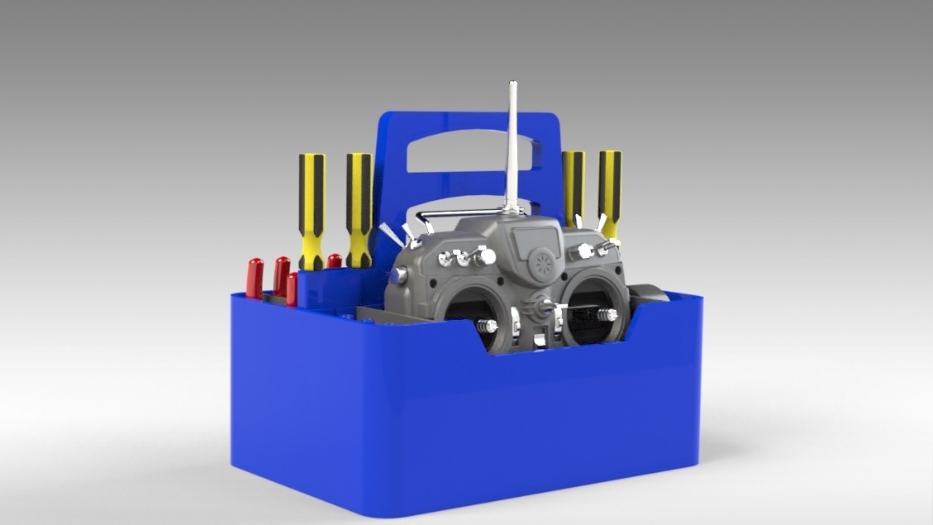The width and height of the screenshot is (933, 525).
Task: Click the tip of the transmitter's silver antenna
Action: pyautogui.click(x=512, y=84)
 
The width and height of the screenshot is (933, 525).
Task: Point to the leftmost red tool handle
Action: pyautogui.click(x=255, y=276)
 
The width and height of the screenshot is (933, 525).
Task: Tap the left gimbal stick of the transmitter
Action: pyautogui.click(x=488, y=325)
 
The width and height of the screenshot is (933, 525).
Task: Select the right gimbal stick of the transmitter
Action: pyautogui.click(x=608, y=314)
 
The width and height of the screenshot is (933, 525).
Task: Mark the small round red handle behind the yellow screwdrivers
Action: pyautogui.click(x=334, y=261)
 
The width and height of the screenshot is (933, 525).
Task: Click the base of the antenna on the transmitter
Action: pyautogui.click(x=512, y=207)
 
